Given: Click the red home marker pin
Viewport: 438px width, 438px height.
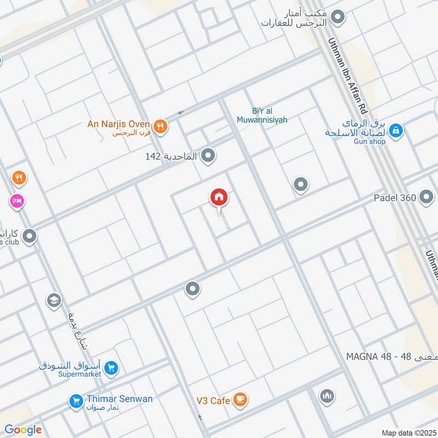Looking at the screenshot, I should [219, 198].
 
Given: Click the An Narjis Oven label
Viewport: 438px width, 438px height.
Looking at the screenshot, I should [118, 124].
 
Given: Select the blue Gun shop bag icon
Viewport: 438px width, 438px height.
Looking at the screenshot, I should [396, 130].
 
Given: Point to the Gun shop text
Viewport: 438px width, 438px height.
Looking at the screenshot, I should [369, 142].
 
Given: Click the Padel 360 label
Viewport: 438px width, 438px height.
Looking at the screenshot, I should [395, 198].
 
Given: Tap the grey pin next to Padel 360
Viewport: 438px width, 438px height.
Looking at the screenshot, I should [427, 198].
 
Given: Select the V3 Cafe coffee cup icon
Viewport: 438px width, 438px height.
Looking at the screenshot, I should [239, 400].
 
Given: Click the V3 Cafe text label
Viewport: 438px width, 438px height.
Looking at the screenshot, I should [213, 401].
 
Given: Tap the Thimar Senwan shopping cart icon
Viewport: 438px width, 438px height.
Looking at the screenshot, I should [76, 402].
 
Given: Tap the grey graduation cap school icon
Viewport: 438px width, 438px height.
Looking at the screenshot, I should [54, 300].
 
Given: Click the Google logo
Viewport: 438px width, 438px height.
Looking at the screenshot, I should [23, 430].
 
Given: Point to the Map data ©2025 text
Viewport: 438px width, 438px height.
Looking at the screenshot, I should [408, 433].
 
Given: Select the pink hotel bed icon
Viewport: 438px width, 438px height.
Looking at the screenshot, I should [16, 201].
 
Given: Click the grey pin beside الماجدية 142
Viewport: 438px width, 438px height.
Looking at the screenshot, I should [208, 157].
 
